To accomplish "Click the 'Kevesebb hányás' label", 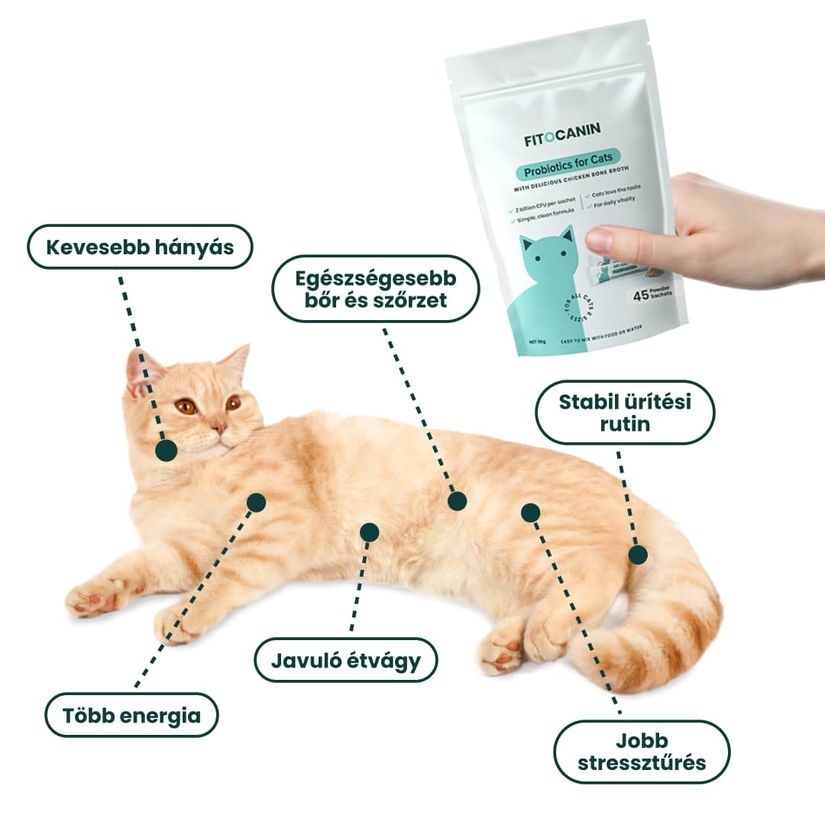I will [139, 247].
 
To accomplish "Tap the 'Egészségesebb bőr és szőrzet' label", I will [376, 288].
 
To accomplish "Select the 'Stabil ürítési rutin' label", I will [625, 412].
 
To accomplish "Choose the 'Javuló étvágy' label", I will [346, 659].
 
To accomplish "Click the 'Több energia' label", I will [131, 715].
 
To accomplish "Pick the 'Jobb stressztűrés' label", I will [642, 752].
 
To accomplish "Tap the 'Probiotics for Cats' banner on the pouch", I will [568, 172].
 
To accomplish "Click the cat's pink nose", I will [219, 429].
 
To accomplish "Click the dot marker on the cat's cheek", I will [166, 451].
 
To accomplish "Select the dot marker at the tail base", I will [638, 555].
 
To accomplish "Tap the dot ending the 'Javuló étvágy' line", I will [369, 532].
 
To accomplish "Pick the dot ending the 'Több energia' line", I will [256, 502].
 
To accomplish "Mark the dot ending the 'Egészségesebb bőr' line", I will [457, 500].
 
